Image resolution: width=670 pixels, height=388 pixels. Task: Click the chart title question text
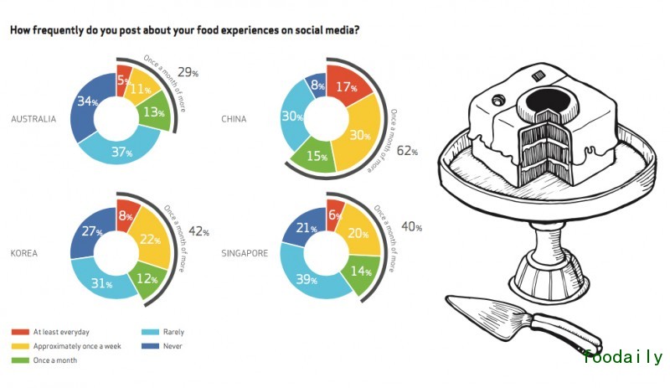click(185, 30)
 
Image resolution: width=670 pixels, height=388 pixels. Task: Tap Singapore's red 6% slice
click(334, 215)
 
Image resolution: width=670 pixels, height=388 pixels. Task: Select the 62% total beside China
click(408, 151)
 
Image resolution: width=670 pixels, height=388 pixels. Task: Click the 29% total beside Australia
click(188, 72)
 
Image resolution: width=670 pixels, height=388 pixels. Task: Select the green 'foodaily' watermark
click(622, 358)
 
